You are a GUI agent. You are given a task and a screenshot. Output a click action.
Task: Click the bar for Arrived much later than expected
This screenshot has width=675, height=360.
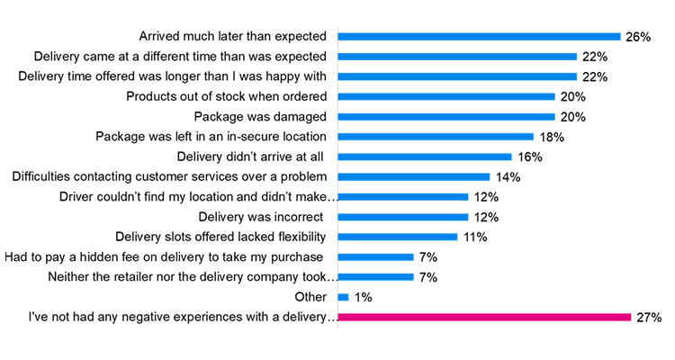click(x=479, y=37)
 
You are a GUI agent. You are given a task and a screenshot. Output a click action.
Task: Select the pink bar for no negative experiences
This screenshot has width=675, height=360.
click(x=484, y=317)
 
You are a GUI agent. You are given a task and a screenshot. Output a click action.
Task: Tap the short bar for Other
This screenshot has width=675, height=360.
click(x=343, y=297)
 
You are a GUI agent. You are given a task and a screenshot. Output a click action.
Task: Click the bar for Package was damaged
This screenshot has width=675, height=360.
click(x=446, y=117)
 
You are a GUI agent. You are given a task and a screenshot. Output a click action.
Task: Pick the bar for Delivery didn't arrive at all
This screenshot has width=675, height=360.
click(x=425, y=157)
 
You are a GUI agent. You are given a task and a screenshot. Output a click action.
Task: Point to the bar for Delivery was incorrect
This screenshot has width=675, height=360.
click(x=403, y=217)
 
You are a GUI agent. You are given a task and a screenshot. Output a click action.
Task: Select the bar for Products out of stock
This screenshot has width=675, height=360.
click(x=446, y=97)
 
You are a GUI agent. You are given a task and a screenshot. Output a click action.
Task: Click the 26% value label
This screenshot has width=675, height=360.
click(x=637, y=37)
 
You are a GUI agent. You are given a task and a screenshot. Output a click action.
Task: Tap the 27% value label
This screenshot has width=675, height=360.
click(x=649, y=318)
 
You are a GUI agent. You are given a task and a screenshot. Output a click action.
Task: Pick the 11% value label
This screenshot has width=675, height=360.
click(x=474, y=237)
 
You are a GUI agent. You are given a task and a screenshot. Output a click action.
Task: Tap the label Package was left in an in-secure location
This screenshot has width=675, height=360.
click(x=211, y=137)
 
